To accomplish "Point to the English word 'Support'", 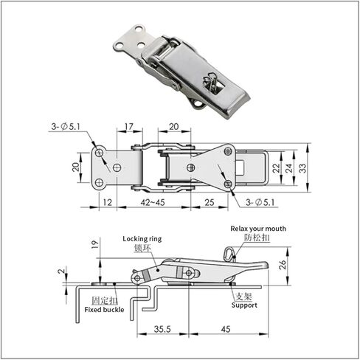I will [244, 305].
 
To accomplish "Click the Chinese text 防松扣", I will [255, 239].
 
